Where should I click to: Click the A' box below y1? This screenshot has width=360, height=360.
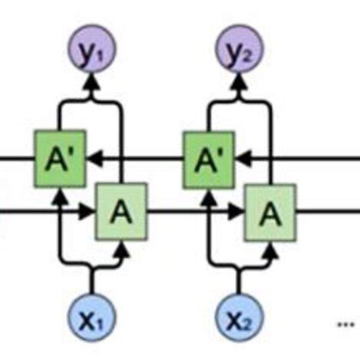60,159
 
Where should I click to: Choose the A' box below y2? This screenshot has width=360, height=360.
208,159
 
